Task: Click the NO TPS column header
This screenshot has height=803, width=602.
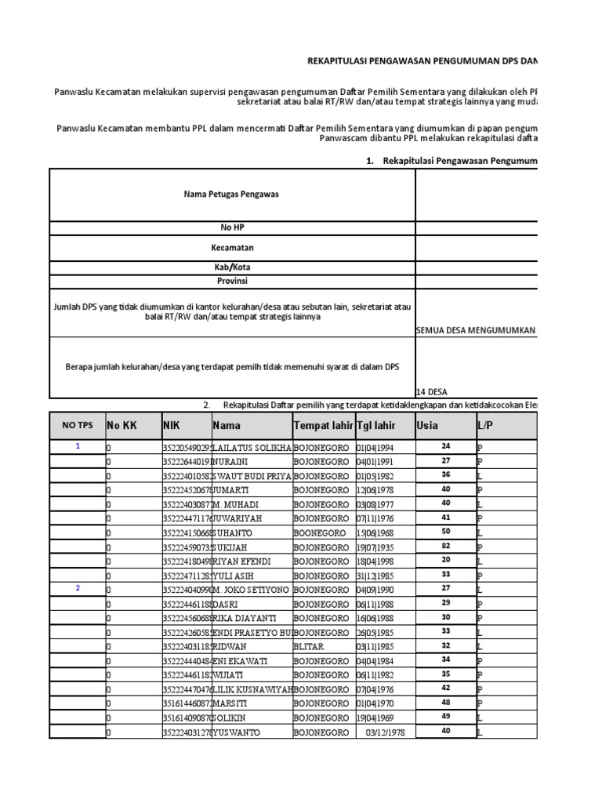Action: (x=77, y=425)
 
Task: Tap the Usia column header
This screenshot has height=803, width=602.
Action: (x=428, y=425)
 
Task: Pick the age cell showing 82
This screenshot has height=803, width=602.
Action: (x=445, y=546)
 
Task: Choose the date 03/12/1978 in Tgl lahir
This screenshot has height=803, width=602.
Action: (x=386, y=732)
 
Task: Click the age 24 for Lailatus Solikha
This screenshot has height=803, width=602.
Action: (x=445, y=446)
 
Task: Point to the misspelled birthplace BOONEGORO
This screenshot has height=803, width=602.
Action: (x=320, y=532)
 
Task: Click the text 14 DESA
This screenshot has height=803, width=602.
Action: (x=433, y=391)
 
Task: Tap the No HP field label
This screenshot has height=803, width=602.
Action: (x=231, y=227)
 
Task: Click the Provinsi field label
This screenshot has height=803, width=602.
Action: (x=231, y=281)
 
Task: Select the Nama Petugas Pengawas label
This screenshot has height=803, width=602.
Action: (x=231, y=194)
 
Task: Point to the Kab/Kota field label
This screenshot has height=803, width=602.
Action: (x=231, y=267)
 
